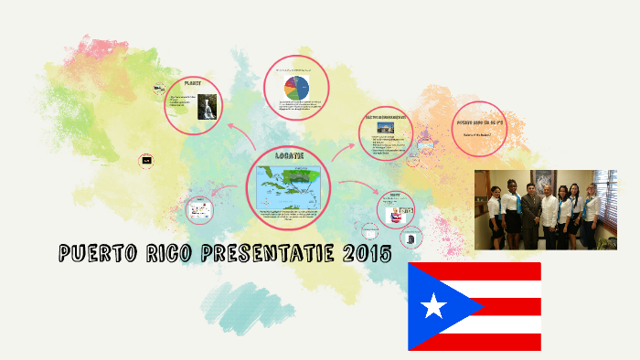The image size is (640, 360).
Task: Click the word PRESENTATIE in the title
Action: click(x=255, y=253)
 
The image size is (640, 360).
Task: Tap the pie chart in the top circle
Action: click(x=296, y=87)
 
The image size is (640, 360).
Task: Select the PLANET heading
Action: click(x=193, y=83)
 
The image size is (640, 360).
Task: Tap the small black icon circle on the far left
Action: click(x=146, y=161)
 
